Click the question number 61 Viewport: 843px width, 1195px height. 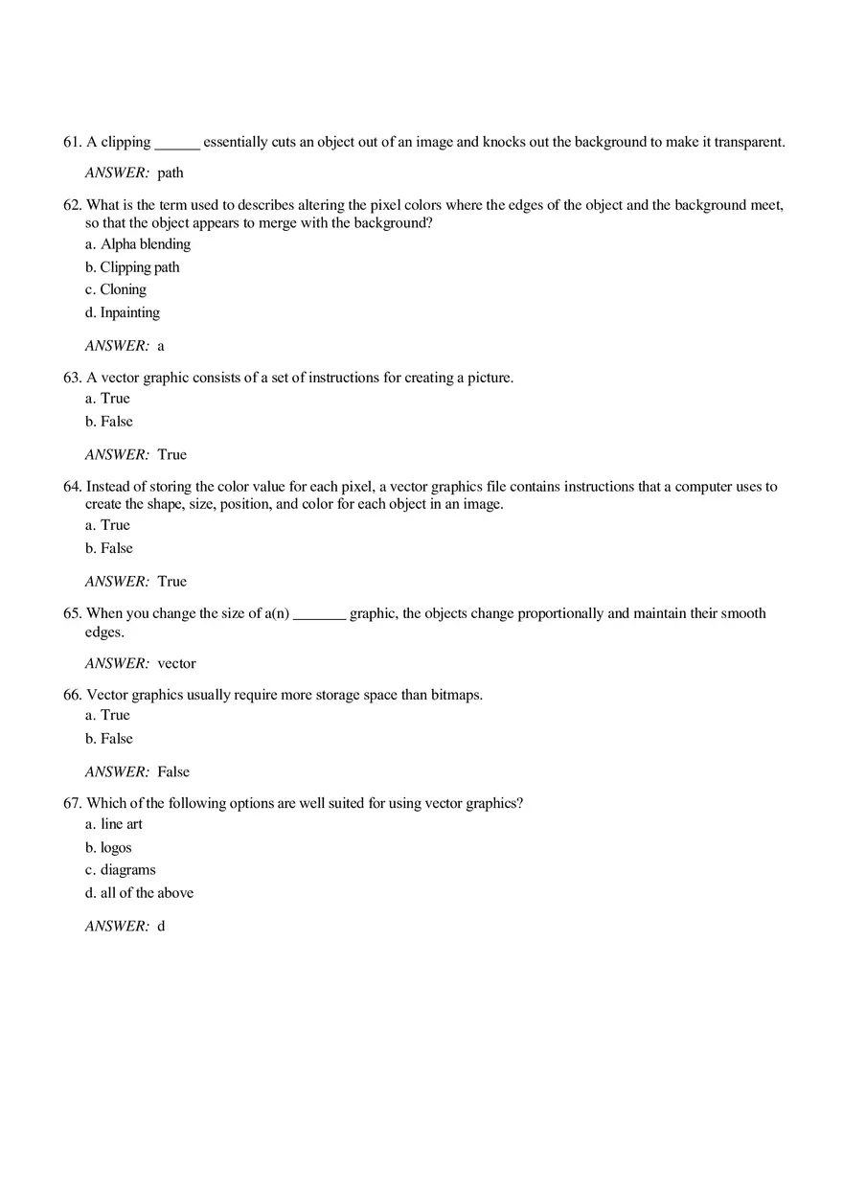[72, 142]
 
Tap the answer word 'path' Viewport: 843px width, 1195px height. [171, 173]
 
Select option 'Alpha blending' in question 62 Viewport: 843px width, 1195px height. [146, 244]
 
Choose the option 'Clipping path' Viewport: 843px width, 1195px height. [140, 267]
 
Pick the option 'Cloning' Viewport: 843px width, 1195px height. [124, 289]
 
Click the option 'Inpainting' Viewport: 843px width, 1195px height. [130, 312]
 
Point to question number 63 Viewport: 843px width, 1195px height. [72, 378]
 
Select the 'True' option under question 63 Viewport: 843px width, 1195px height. [115, 399]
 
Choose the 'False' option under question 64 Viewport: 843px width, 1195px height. [117, 548]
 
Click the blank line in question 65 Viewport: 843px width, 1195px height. [319, 614]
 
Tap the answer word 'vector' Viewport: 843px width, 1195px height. [176, 663]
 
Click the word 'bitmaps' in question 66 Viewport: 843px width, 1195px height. [456, 695]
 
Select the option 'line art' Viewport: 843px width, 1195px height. [122, 824]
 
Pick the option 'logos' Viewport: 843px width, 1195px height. [116, 848]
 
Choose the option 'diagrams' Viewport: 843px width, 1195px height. [128, 870]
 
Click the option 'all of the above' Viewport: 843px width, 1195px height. [147, 893]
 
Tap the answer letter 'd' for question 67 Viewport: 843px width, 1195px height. [161, 927]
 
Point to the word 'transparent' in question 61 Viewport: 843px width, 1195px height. [748, 142]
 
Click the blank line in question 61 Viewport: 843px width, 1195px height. [177, 144]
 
